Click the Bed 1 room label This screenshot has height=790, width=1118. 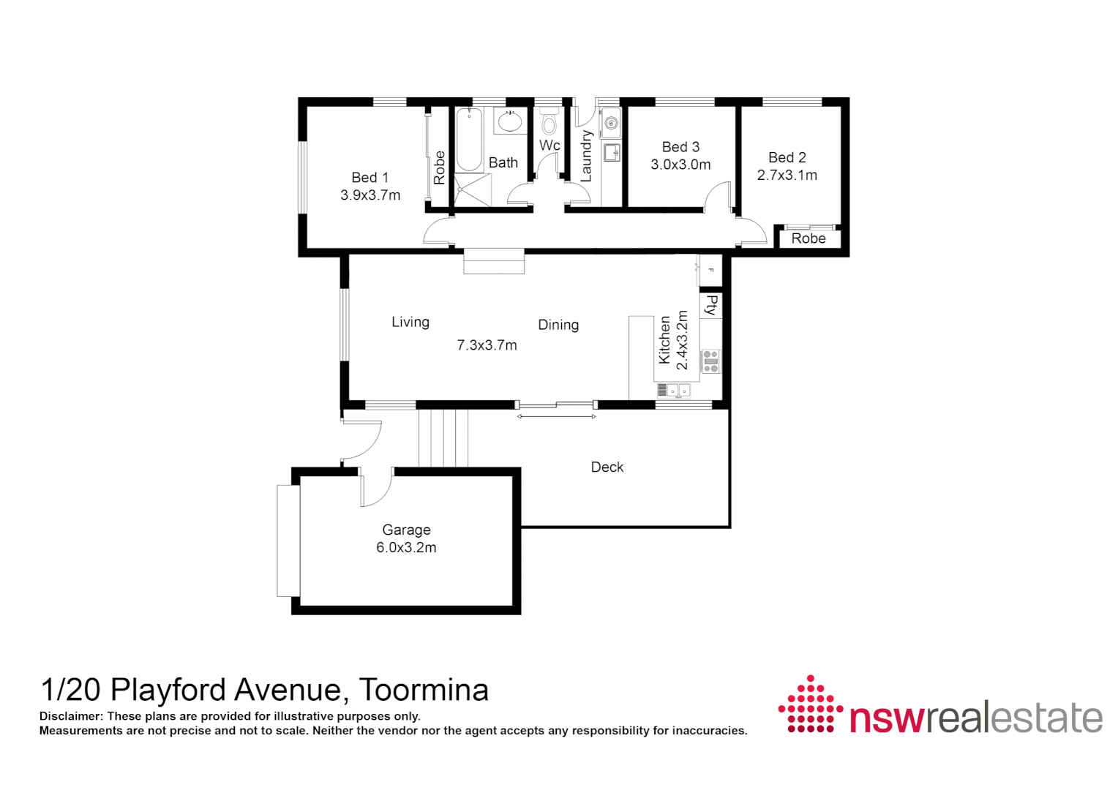(x=369, y=178)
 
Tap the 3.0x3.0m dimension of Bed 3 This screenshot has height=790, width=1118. (x=680, y=165)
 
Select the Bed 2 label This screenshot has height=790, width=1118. (x=787, y=157)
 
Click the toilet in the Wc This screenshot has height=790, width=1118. (x=549, y=122)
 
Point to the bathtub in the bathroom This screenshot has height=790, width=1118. (x=469, y=139)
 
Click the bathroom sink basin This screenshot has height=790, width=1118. (x=509, y=121)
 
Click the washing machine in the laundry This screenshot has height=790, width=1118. (x=611, y=123)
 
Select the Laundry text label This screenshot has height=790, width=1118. (x=585, y=156)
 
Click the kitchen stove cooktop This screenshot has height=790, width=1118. (x=710, y=361)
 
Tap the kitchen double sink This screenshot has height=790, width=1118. (x=678, y=391)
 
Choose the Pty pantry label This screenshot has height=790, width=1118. (x=710, y=305)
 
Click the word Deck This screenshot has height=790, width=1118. (x=607, y=467)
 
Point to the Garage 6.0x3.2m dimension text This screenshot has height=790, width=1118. (x=406, y=548)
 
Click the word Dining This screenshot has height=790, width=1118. (x=558, y=325)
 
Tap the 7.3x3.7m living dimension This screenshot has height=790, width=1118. (x=487, y=345)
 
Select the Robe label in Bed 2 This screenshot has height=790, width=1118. (x=808, y=238)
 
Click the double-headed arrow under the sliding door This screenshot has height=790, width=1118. (x=557, y=417)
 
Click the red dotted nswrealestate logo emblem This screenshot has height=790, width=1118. (x=810, y=704)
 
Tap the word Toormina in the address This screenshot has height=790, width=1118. (x=424, y=690)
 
